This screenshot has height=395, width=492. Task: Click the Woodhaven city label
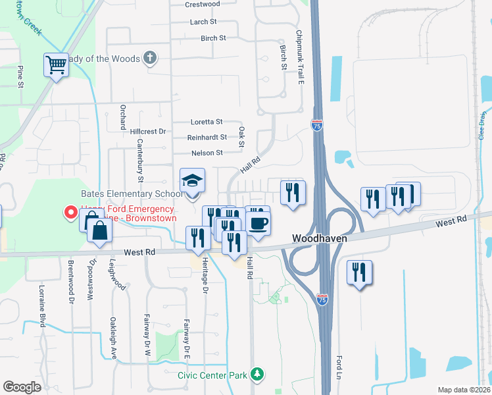click(319, 238)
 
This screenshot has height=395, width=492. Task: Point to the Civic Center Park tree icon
click(258, 375)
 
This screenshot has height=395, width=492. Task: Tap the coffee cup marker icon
click(258, 223)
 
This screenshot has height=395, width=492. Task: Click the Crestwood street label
click(202, 4)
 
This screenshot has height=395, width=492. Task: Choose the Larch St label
click(199, 22)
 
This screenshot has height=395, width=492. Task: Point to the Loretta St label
click(207, 122)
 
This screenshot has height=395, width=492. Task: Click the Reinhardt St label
click(207, 137)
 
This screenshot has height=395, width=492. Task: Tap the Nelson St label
click(207, 153)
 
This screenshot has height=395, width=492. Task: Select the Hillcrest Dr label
click(148, 132)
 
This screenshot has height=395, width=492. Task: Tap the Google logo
click(22, 387)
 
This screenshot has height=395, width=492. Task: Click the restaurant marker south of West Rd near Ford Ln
click(360, 273)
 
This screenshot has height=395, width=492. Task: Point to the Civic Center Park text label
click(212, 375)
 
